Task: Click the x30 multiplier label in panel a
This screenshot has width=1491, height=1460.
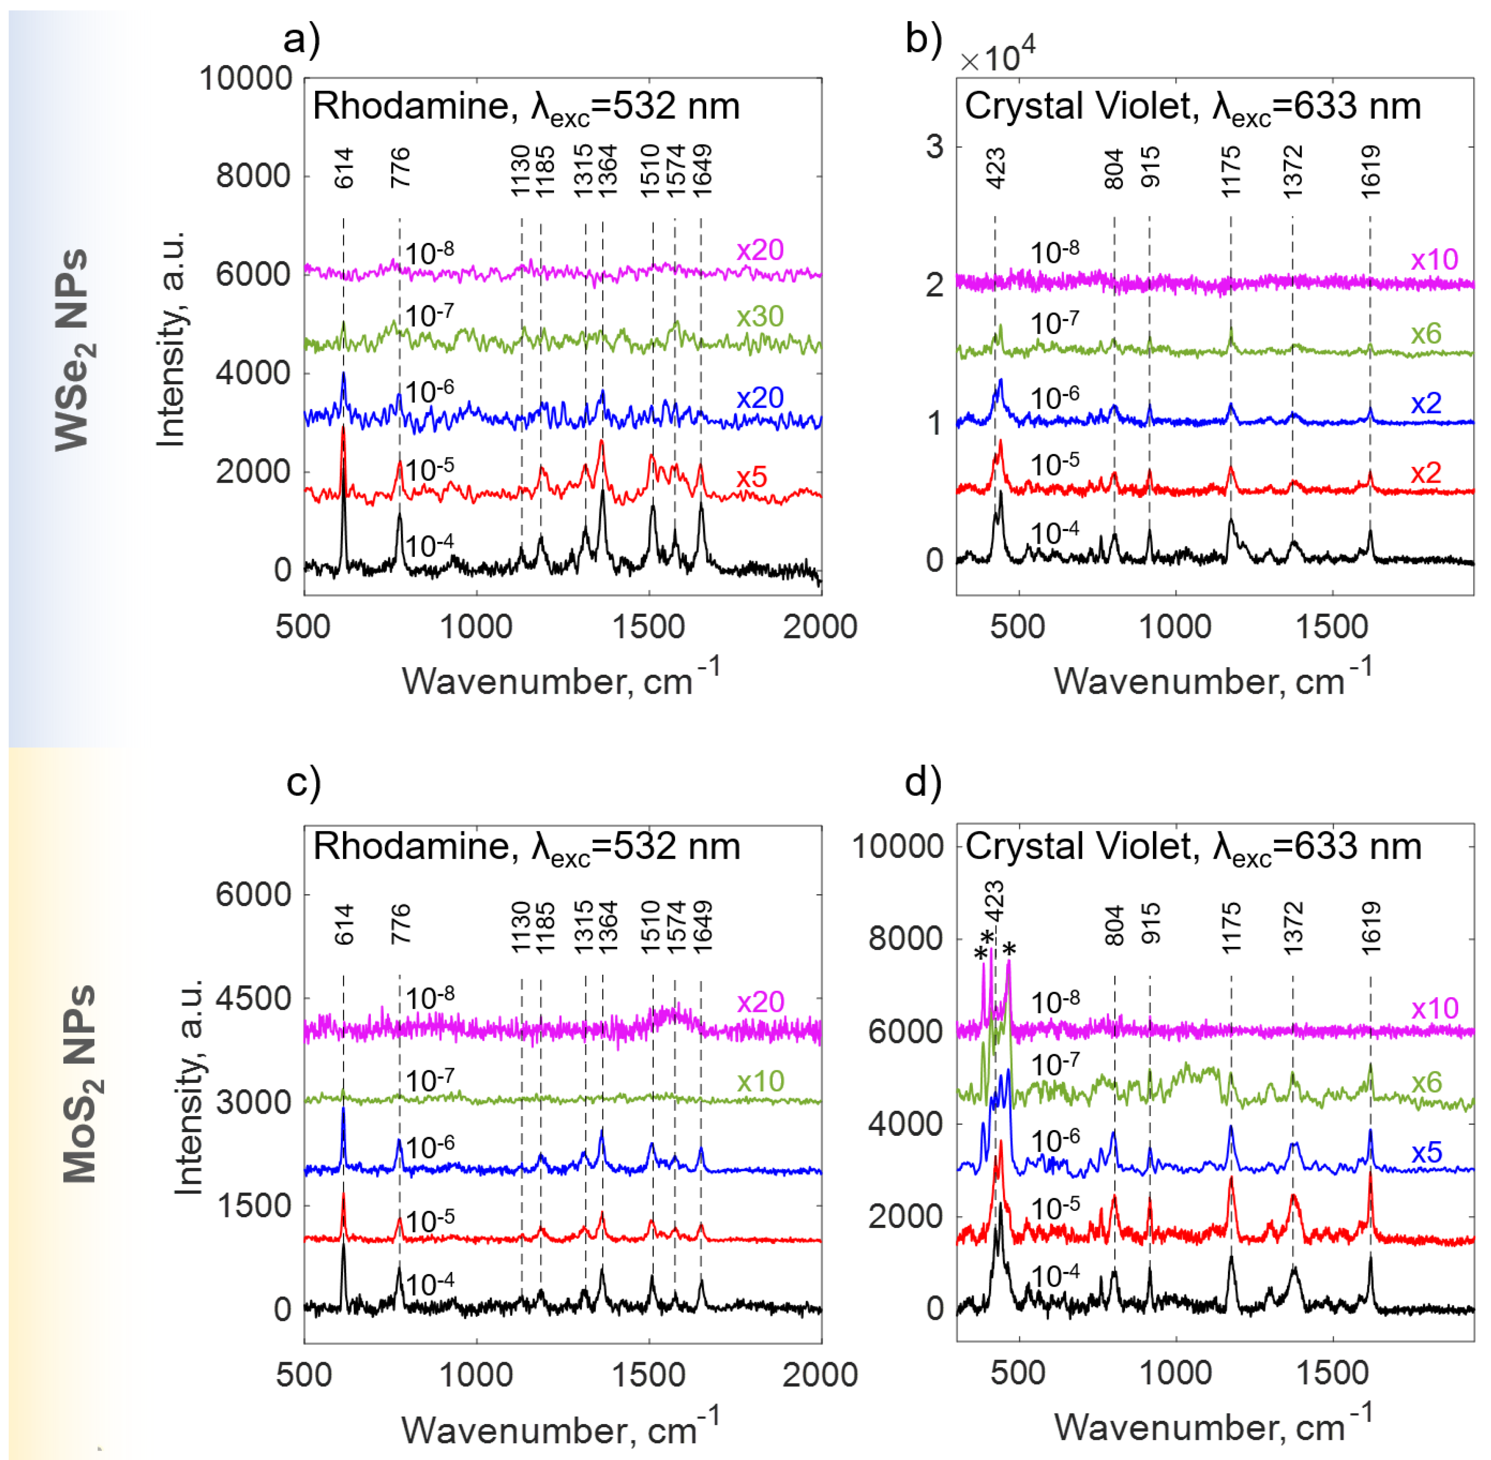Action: [x=759, y=317]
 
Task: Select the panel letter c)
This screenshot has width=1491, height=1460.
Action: [x=303, y=782]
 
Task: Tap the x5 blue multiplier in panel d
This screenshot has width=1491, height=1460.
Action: [x=1427, y=1152]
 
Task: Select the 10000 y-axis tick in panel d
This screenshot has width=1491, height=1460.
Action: [x=897, y=847]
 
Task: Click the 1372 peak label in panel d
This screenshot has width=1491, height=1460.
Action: [x=1293, y=928]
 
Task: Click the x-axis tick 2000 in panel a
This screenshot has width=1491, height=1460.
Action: [x=819, y=627]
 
